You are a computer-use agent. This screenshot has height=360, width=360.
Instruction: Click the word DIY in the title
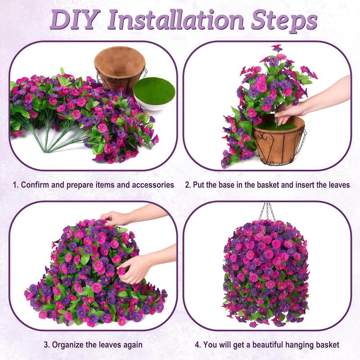tap(75, 20)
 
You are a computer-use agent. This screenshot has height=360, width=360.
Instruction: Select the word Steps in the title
tap(284, 21)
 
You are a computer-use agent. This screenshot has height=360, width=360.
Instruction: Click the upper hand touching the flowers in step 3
tap(115, 218)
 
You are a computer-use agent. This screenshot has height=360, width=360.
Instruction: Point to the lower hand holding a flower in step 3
tap(133, 269)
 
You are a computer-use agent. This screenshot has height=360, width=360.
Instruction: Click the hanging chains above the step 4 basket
tap(267, 211)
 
